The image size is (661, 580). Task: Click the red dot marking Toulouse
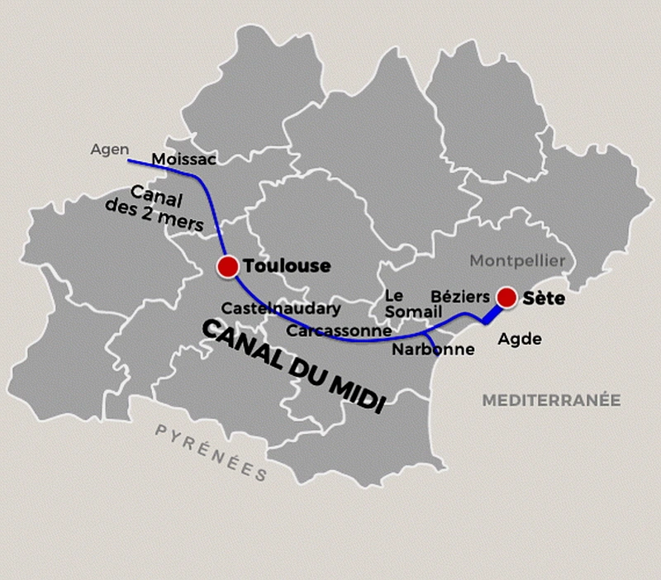tap(227, 266)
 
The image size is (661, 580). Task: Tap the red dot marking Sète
tap(506, 297)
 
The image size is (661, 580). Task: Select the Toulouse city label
tap(287, 266)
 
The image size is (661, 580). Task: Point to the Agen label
tap(109, 150)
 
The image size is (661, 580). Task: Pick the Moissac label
tap(184, 159)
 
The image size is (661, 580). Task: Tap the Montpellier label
tap(517, 261)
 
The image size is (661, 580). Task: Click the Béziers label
tap(459, 297)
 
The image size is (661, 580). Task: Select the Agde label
tap(520, 339)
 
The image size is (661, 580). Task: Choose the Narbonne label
tap(434, 349)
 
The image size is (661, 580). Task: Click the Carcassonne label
tap(339, 330)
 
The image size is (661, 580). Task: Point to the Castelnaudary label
tap(281, 308)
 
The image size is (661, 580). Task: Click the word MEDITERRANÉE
tap(551, 400)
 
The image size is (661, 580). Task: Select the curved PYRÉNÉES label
tap(211, 452)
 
